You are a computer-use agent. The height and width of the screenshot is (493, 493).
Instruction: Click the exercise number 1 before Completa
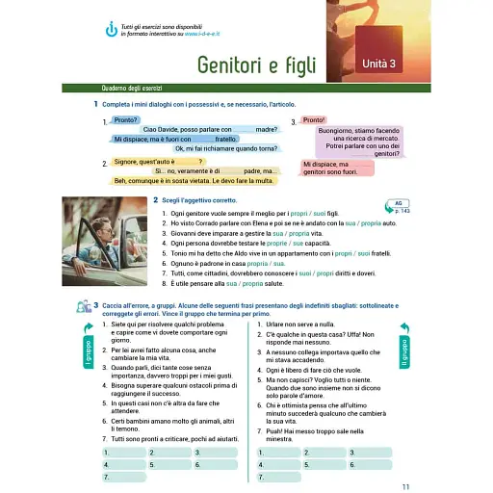pyautogui.click(x=95, y=104)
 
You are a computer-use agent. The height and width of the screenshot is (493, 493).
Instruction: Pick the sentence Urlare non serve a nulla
pyautogui.click(x=309, y=324)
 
